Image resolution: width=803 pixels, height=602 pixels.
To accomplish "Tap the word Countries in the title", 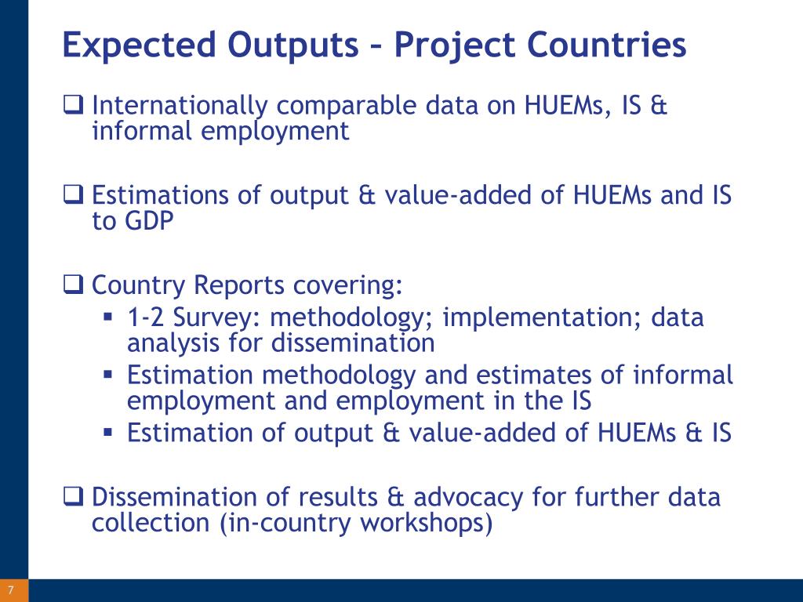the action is (607, 44).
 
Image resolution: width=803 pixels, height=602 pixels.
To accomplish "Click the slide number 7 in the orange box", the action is (11, 590).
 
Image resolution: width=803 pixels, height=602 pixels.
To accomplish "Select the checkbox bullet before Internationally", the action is (73, 105).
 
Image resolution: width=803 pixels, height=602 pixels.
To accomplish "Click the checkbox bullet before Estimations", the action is (73, 195).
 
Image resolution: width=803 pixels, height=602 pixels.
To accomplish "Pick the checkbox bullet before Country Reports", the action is (73, 285).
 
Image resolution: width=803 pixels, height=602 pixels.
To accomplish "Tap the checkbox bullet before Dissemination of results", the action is (73, 496).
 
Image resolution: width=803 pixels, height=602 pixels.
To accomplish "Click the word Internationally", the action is (180, 106).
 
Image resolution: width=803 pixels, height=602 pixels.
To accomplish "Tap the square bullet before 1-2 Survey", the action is (107, 317).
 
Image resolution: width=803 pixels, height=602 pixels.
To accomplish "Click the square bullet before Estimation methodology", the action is (107, 375).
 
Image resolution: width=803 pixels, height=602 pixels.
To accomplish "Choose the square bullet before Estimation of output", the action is (107, 432).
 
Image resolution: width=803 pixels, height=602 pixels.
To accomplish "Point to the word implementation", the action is (543, 318).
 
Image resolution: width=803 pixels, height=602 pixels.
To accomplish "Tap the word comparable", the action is (347, 106).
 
